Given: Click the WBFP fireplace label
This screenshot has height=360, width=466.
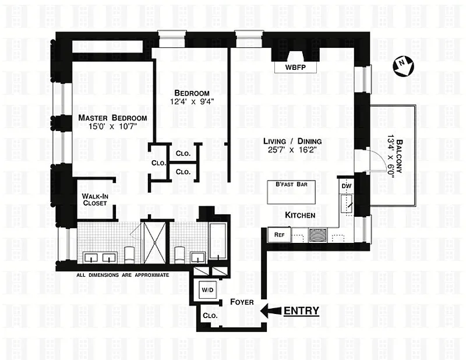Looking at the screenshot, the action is pos(295,67).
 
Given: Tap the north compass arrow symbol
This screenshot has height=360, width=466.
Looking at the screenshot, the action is pos(403,67).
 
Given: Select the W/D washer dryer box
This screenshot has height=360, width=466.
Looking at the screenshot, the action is pos(208,290).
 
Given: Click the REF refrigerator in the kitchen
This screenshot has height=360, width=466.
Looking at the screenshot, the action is pos(280,235).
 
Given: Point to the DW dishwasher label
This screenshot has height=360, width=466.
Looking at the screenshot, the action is pos(347,186).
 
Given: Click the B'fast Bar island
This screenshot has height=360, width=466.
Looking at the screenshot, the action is pos(291,192).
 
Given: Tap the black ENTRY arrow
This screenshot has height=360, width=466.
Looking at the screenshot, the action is pos(271,311).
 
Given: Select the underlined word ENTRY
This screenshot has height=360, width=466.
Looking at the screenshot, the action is pos(301,310).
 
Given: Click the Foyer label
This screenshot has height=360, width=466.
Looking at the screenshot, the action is pos(242,302).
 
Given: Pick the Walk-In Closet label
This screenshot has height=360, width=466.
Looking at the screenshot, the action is pos(95,200).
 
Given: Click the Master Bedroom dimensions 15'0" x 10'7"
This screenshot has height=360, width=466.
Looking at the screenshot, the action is pos(112,126).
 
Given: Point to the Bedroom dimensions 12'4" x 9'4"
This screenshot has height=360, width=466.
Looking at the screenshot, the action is pos(192,102).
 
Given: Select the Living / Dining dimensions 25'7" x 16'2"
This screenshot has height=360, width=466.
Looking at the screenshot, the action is pos(292,150).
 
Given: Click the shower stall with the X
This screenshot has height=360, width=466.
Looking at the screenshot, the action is pos(155,242).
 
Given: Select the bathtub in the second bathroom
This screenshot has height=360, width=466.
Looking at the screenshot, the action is pos(218,241).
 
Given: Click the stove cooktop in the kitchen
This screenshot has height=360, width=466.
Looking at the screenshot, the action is pos(317,235).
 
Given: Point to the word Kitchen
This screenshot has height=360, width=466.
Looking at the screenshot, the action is pos(300,215).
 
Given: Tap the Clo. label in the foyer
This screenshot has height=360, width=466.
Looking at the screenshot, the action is pos(210,316).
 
